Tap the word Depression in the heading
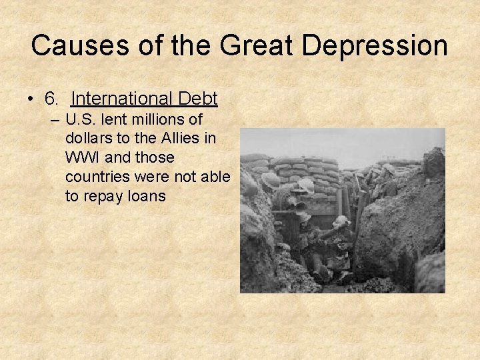(375, 45)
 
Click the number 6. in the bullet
(53, 99)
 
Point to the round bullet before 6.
(32, 100)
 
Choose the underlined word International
(121, 99)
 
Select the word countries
(97, 177)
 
